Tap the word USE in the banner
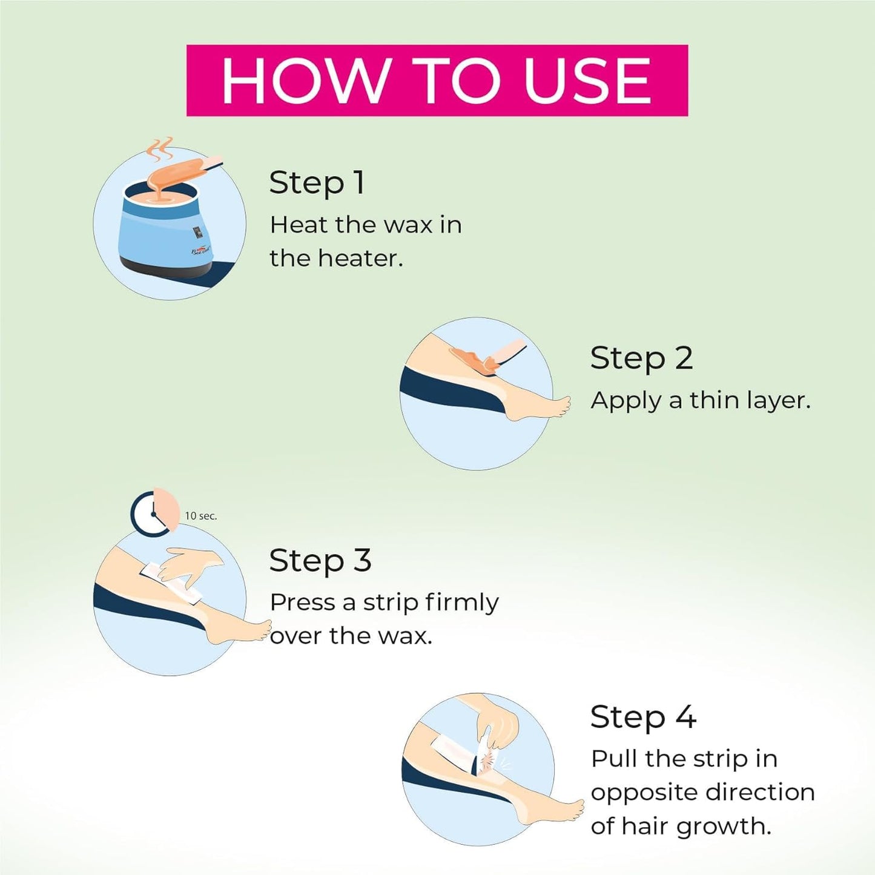coord(588,81)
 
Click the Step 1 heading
coord(317,183)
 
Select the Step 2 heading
coord(641,359)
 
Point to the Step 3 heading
coord(320,561)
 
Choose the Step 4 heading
coord(643,718)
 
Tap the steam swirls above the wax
coord(160,150)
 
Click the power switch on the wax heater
coord(197,233)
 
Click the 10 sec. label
coord(200,517)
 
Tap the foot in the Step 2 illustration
coord(539,406)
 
